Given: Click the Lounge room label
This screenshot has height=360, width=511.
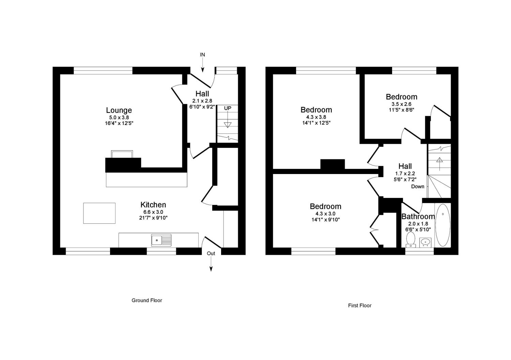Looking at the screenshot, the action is pos(119,110).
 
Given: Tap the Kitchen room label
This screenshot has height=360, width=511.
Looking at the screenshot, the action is pos(153,205).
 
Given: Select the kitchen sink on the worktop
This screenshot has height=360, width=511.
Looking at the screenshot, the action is pos(161,240).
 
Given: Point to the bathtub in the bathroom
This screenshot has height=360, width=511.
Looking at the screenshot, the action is pos(443,225).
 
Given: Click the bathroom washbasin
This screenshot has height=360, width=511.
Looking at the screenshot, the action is pos(425,242).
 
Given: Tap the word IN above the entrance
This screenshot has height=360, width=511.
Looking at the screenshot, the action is pos(203,54).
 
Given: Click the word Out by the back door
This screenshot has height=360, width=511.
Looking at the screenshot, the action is pos(211,253).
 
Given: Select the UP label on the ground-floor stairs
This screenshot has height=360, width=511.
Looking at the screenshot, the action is pos(227,108).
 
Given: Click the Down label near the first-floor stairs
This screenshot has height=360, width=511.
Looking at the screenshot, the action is pos(418,186).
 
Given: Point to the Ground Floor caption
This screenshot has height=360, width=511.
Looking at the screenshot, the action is pos(147,300).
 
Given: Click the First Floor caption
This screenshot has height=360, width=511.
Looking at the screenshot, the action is pos(359,306).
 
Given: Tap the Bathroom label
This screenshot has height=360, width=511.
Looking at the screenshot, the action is pos(418,217).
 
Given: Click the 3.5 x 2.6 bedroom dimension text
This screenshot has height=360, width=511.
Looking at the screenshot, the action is pos(401,104).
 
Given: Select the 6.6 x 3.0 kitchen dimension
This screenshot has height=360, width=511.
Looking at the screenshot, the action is pos(153,212).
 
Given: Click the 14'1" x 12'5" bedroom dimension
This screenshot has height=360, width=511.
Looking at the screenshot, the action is pos(316,123).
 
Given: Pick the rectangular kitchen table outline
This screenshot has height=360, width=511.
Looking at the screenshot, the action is pos(99,213).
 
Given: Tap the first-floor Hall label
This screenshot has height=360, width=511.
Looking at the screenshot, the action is pos(405,166).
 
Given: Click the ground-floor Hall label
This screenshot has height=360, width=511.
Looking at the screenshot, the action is pos(202,94).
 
